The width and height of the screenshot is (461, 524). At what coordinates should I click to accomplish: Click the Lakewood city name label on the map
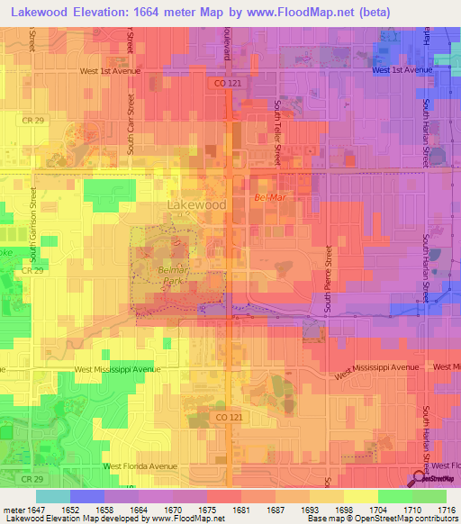point(195,205)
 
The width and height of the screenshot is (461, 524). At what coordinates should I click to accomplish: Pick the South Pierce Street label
point(328,280)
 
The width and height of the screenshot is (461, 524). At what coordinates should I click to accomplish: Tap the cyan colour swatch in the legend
point(52,495)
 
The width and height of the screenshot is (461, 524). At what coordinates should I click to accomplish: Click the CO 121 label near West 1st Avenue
point(229,82)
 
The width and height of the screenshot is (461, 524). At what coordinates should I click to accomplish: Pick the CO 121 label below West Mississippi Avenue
point(230,418)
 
